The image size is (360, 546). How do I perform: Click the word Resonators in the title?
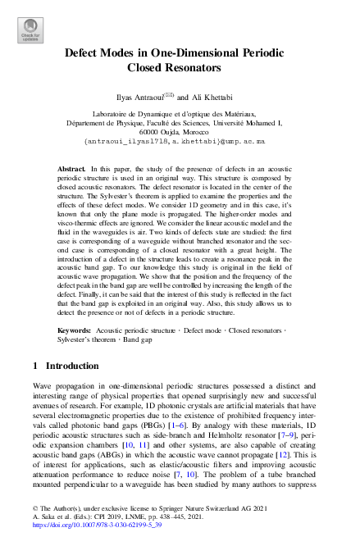tap(197, 68)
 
